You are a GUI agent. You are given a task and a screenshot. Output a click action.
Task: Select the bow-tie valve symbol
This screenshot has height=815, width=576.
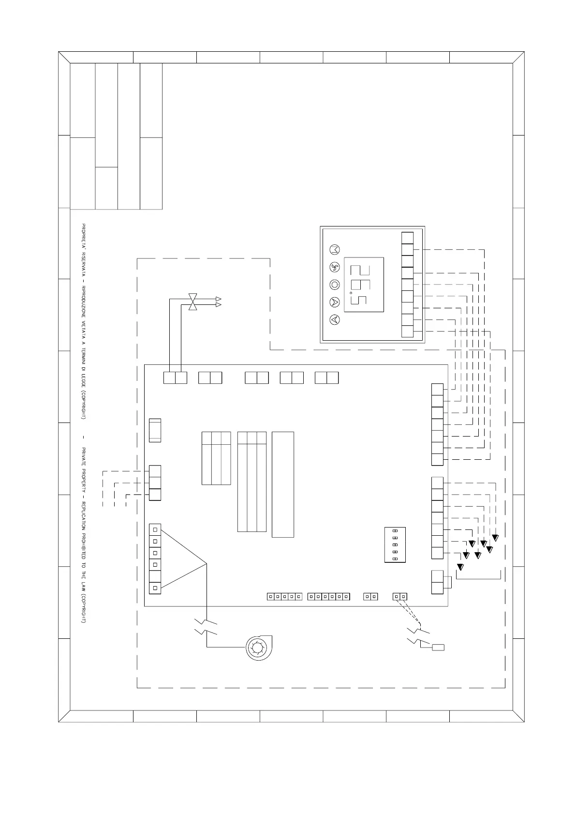pyautogui.click(x=192, y=302)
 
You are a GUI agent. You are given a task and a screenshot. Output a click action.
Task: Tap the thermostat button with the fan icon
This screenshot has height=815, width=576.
pyautogui.click(x=335, y=267)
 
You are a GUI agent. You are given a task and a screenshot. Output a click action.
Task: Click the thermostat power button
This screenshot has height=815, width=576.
pyautogui.click(x=335, y=285)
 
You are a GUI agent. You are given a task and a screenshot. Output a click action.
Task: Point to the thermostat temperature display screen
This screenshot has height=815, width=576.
pyautogui.click(x=364, y=285)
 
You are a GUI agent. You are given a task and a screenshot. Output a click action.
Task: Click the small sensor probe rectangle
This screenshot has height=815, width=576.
pyautogui.click(x=438, y=648)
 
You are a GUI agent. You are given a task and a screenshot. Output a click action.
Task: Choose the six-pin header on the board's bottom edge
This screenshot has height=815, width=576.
pyautogui.click(x=329, y=597)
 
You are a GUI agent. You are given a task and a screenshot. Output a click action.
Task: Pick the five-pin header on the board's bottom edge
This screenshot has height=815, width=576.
pyautogui.click(x=285, y=597)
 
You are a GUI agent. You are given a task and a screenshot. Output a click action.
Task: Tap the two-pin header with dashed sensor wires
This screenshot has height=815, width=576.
pyautogui.click(x=400, y=597)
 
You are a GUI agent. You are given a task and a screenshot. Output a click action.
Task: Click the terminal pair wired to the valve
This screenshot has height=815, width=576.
pyautogui.click(x=175, y=377)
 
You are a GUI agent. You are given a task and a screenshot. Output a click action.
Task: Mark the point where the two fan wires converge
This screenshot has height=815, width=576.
pyautogui.click(x=207, y=564)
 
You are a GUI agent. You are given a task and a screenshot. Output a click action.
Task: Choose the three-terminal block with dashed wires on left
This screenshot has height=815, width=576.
pyautogui.click(x=155, y=483)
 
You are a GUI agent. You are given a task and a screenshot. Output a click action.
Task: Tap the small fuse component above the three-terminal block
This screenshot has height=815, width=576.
pyautogui.click(x=155, y=430)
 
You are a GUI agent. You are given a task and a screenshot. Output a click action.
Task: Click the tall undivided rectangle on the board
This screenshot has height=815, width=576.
pyautogui.click(x=283, y=484)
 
